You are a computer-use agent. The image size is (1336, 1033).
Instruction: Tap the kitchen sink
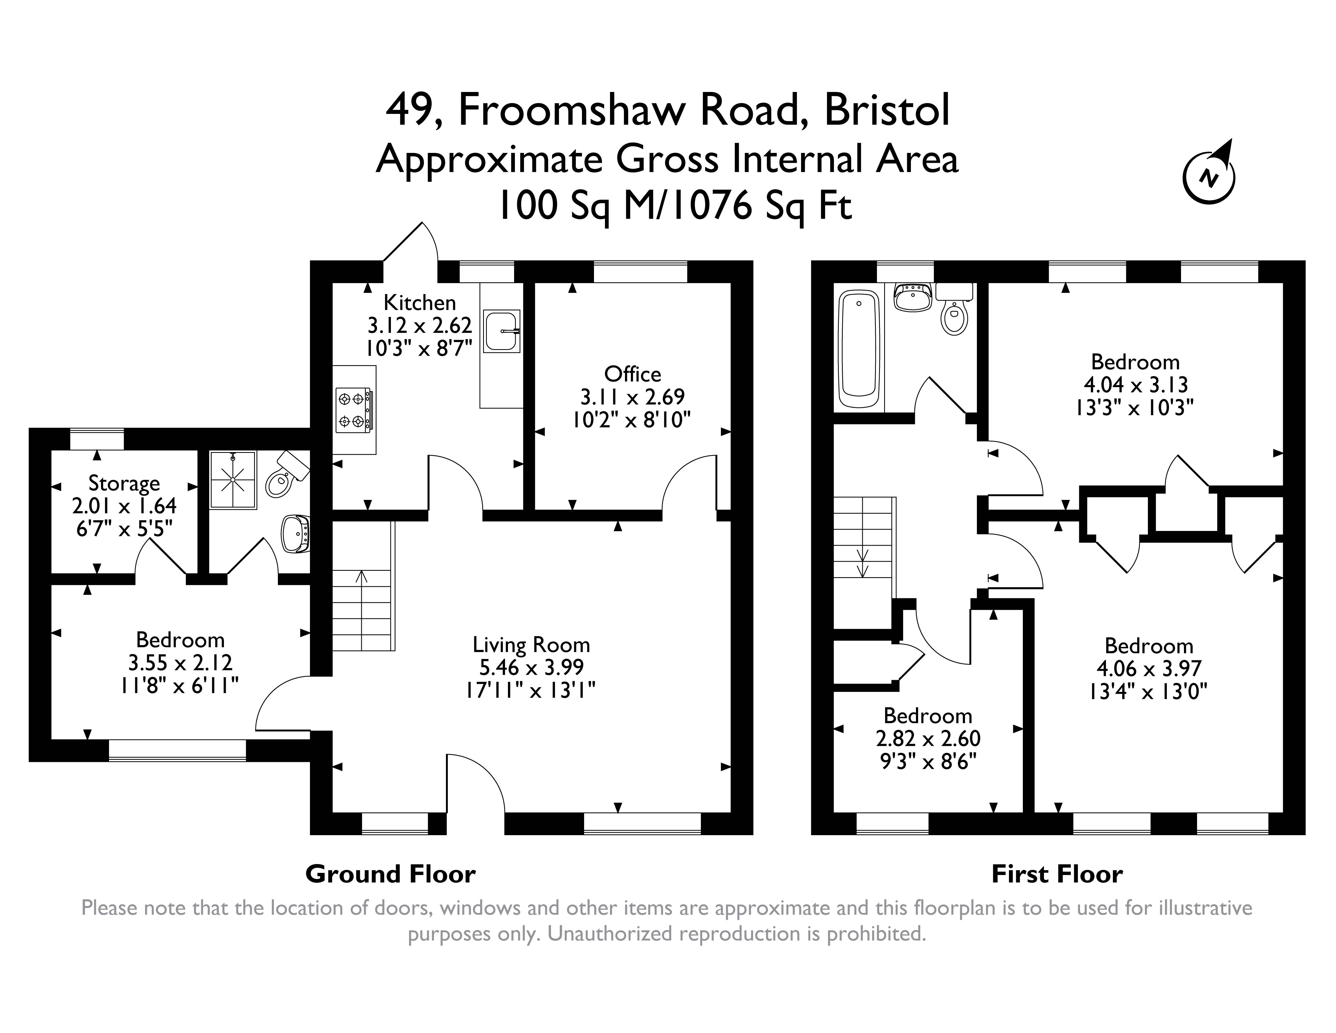[501, 331]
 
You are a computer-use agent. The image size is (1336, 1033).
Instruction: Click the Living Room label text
[531, 644]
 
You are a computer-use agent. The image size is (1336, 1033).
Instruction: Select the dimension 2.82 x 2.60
[928, 739]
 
